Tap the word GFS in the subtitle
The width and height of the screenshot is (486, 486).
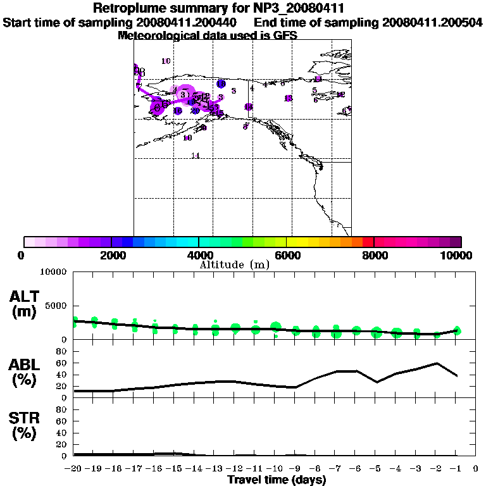click(x=285, y=35)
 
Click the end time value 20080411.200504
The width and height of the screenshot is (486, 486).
click(x=432, y=22)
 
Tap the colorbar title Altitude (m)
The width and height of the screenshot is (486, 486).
click(x=234, y=265)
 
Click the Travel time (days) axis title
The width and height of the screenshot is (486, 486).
click(x=277, y=480)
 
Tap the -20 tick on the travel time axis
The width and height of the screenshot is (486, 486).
click(x=74, y=469)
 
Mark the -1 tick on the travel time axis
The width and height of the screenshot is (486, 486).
click(x=456, y=469)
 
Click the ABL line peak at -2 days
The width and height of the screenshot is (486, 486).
click(x=437, y=363)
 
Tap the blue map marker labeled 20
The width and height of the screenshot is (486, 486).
click(x=195, y=111)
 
